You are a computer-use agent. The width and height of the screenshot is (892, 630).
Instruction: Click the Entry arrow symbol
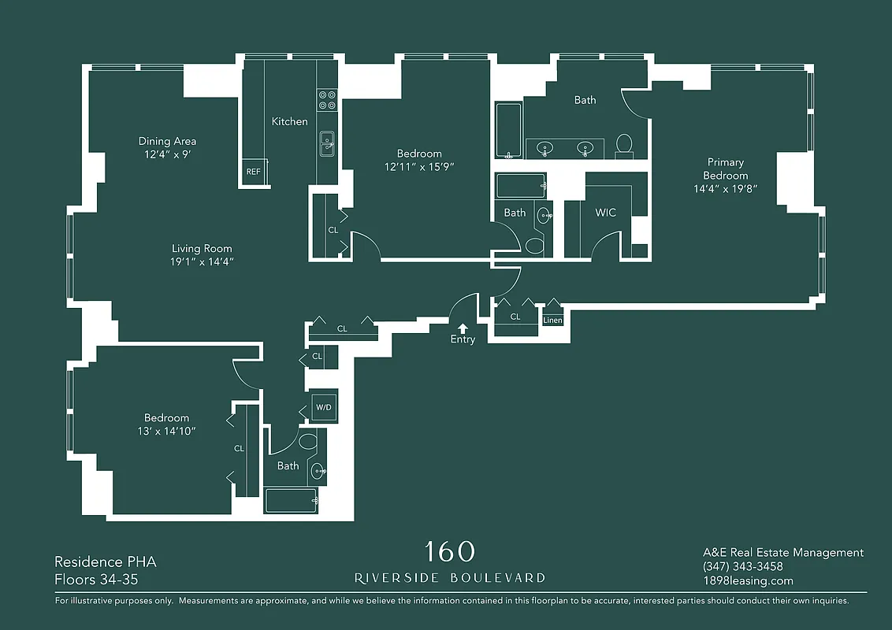[x=463, y=328]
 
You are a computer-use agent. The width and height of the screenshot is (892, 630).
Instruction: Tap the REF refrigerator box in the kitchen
[x=254, y=172]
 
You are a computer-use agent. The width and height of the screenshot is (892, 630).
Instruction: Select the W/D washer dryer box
[x=323, y=407]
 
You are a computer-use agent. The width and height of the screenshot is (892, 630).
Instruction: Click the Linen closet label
[x=552, y=321]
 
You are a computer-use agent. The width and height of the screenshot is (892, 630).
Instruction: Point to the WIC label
[x=605, y=213]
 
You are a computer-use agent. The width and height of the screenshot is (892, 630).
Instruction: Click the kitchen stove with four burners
[x=327, y=100]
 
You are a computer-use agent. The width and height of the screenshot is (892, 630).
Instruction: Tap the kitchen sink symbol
[x=327, y=144]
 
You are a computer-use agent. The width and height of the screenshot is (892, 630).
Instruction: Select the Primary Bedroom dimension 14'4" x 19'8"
[x=725, y=189]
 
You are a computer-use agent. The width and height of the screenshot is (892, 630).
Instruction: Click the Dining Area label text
[x=167, y=142]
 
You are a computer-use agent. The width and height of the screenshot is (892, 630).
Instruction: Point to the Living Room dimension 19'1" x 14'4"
[x=202, y=261]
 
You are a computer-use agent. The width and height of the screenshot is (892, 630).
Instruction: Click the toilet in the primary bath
[x=624, y=144]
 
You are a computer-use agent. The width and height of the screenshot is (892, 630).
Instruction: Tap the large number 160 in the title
[x=450, y=551]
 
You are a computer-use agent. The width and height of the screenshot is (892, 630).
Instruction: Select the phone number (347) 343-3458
[x=742, y=567]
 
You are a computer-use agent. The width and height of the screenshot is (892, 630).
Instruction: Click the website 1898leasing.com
[x=747, y=581]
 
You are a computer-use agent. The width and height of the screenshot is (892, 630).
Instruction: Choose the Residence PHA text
[x=106, y=562]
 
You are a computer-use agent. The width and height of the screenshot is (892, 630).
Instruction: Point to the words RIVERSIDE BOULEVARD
[x=450, y=578]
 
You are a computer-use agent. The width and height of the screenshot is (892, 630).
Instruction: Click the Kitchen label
[x=289, y=121]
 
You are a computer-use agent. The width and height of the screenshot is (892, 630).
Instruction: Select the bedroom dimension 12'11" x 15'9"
[x=419, y=167]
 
